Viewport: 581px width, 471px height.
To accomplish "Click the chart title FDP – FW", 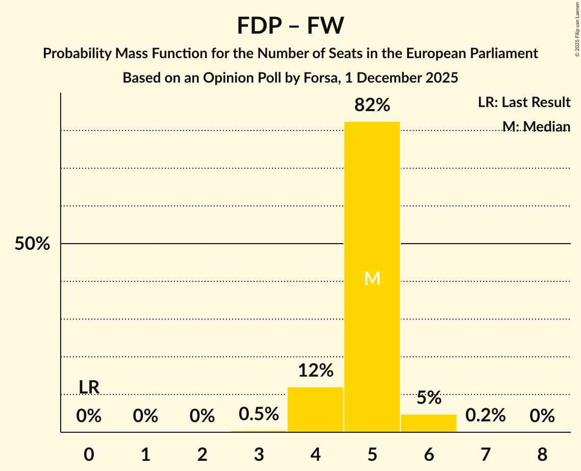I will click(x=290, y=25).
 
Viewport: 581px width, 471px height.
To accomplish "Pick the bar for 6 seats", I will click(x=428, y=423).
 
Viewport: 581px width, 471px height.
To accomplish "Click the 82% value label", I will click(x=372, y=106).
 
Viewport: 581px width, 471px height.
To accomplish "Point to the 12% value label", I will click(x=315, y=371).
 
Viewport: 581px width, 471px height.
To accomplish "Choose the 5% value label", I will click(x=428, y=398).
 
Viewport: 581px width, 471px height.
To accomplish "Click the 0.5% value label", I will click(x=259, y=414).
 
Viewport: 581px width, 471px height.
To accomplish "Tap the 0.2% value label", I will click(x=485, y=416).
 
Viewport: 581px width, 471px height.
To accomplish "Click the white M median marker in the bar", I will click(x=372, y=279).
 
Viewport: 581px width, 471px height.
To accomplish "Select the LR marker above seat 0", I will click(x=89, y=387).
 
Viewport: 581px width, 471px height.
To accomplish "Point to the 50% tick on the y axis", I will click(x=32, y=244).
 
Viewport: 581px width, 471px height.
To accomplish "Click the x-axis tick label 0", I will click(x=89, y=454).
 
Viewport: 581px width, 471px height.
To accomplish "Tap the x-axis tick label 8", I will click(x=542, y=454).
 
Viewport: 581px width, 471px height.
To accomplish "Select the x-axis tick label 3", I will click(x=259, y=454).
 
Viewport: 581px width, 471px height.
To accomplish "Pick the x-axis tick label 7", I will click(x=485, y=454).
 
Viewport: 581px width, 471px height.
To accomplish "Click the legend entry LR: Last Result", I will click(x=524, y=102).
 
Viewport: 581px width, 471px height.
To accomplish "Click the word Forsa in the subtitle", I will click(x=316, y=78).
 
